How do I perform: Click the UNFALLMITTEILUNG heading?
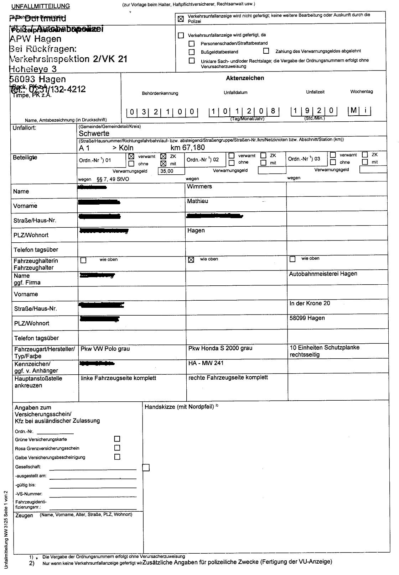(41, 6)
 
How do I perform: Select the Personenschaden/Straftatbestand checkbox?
(192, 43)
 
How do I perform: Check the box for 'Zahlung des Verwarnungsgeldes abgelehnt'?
(266, 51)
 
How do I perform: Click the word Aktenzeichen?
(245, 78)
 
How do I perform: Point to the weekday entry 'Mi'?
(359, 111)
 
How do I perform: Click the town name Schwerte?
(94, 133)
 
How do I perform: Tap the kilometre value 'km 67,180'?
(188, 147)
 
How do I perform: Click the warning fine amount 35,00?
(166, 171)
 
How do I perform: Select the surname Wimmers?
(199, 186)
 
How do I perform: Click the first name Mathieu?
(198, 201)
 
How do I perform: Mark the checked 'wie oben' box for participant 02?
(191, 260)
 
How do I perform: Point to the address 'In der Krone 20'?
(310, 303)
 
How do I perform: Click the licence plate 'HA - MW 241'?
(206, 363)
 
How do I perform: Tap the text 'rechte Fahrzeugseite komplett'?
(228, 377)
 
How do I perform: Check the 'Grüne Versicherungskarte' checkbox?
(117, 439)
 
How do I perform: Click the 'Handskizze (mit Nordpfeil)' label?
(179, 407)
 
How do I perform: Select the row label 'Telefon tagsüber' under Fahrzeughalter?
(36, 338)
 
